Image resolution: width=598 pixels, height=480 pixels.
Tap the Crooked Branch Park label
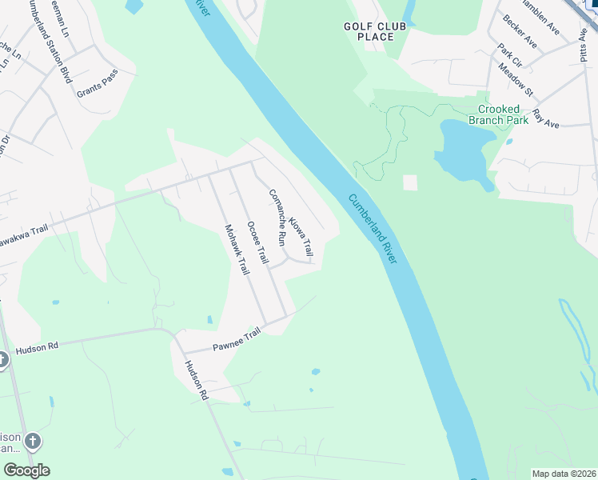pyautogui.click(x=498, y=114)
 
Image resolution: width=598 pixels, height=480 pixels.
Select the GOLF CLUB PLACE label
pyautogui.click(x=369, y=31)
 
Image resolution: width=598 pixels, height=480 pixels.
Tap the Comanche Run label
pyautogui.click(x=277, y=216)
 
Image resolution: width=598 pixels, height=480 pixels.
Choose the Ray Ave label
pyautogui.click(x=546, y=118)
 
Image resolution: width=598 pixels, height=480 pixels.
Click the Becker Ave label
pyautogui.click(x=520, y=38)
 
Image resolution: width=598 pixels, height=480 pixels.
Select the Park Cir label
pyautogui.click(x=509, y=56)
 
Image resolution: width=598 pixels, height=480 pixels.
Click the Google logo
pyautogui.click(x=26, y=470)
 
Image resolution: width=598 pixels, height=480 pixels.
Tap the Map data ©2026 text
pyautogui.click(x=563, y=474)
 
